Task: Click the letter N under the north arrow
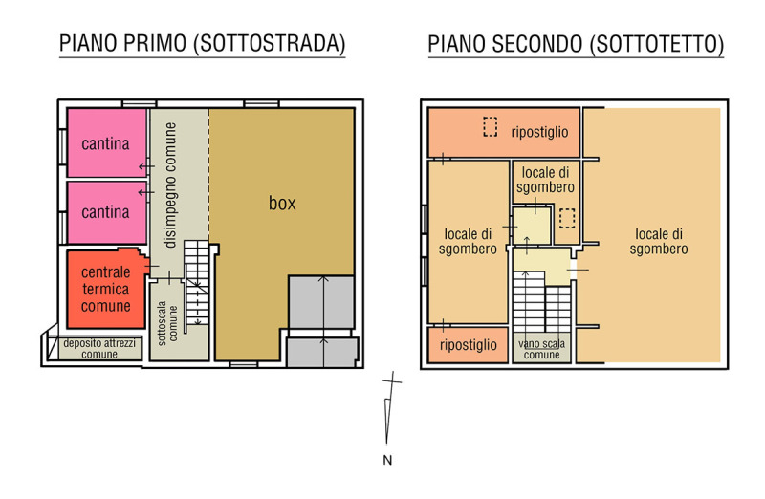[x=387, y=460]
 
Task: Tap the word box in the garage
[x=282, y=203]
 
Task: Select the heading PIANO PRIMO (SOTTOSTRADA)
[x=202, y=43]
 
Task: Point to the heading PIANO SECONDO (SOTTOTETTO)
[x=576, y=44]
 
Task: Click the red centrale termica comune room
[x=106, y=289]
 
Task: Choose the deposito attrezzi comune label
[x=99, y=348]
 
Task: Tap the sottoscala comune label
[x=167, y=323]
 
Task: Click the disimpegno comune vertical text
[x=170, y=185]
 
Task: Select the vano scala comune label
[x=541, y=349]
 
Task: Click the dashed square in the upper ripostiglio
[x=491, y=127]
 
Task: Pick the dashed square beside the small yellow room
[x=567, y=218]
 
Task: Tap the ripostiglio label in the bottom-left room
[x=469, y=345]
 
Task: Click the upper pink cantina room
[x=107, y=142]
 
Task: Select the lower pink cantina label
[x=105, y=212]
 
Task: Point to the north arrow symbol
[x=389, y=409]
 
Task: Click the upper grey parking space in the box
[x=321, y=302]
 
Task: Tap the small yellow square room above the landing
[x=532, y=226]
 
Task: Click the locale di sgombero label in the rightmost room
[x=659, y=242]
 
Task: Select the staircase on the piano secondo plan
[x=541, y=302]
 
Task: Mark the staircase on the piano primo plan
[x=196, y=283]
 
